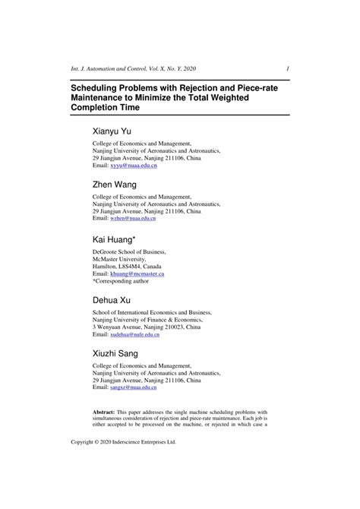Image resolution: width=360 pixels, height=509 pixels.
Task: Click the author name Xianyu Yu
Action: [x=112, y=131]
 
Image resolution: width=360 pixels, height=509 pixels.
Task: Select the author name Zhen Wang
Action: [x=114, y=185]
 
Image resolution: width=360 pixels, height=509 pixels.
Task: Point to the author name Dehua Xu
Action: [x=113, y=300]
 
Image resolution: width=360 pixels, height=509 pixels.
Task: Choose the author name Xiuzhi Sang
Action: [x=117, y=353]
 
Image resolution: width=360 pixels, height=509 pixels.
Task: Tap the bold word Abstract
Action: [x=106, y=410]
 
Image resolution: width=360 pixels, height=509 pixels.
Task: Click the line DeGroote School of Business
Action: [x=129, y=251]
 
